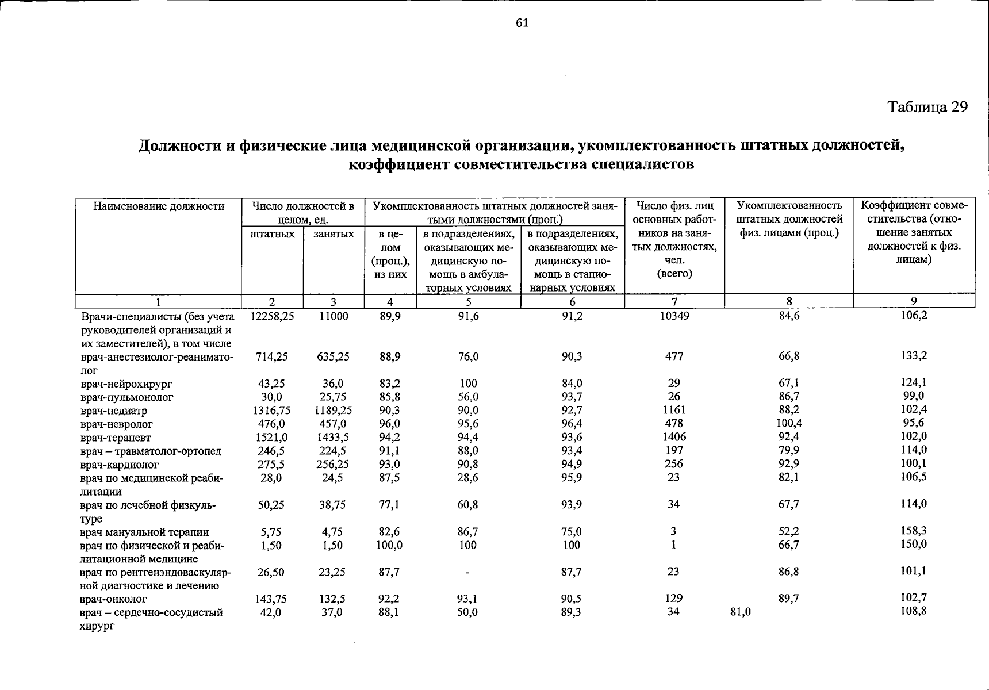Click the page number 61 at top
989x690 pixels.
point(522,23)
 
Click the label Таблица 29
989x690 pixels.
point(927,107)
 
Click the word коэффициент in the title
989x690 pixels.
point(398,164)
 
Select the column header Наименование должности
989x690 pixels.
point(159,206)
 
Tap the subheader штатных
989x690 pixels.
point(273,234)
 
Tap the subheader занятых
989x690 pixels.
point(333,234)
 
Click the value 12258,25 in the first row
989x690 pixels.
point(273,316)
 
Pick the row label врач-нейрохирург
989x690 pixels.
point(126,384)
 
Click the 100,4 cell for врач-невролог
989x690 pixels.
point(789,423)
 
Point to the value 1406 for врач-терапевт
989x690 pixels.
point(674,437)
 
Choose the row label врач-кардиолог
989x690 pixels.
point(120,465)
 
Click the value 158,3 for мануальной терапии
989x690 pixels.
point(913,531)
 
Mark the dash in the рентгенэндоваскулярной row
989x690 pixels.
point(467,573)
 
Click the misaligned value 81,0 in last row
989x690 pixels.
point(739,612)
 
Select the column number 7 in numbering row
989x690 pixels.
point(674,301)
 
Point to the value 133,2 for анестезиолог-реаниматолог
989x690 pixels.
point(914,356)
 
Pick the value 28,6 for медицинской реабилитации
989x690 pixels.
point(467,478)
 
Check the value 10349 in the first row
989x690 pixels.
point(674,316)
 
